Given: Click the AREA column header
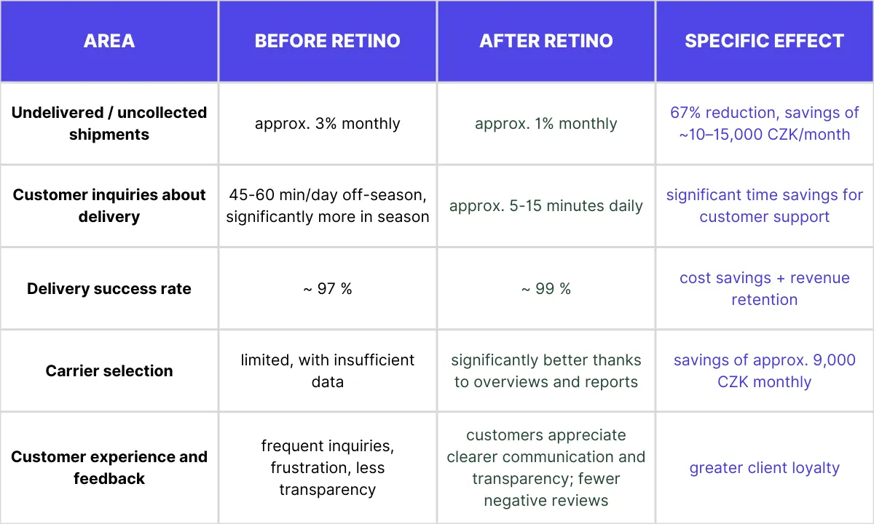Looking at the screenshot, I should point(109,41).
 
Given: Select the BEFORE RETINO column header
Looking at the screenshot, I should point(328,41).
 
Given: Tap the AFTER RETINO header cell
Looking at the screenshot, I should point(546,41).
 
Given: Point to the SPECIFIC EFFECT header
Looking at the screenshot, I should point(765,41).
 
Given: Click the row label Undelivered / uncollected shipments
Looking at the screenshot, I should point(109,124).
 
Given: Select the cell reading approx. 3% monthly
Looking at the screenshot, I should point(328,124).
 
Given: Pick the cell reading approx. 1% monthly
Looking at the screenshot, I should point(546,124).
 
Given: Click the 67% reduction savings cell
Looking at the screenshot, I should point(765,124).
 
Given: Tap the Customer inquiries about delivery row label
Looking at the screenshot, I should point(109,206).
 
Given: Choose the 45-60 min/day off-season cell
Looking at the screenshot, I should point(328,206).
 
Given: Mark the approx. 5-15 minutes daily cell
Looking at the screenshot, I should point(546,206).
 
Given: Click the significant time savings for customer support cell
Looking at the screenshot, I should point(765,206).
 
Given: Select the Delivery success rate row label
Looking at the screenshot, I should point(109,289).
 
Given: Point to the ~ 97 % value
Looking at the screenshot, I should point(328,289).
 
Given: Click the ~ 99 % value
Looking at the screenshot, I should point(546,289).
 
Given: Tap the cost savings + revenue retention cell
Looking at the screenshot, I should point(765,289).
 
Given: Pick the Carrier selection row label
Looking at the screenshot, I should point(109,371).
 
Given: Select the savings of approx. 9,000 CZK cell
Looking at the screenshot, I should point(765,371).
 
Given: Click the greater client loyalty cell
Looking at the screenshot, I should point(765,468).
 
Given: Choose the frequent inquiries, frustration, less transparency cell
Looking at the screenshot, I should point(328,468).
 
